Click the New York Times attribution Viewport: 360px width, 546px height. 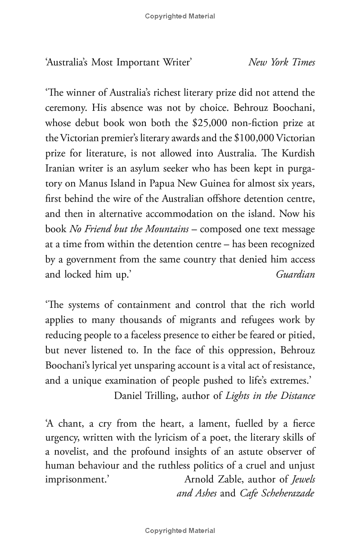pos(282,63)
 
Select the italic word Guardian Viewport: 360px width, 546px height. pos(295,274)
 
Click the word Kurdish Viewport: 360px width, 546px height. pos(297,153)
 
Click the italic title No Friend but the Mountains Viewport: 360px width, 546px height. pos(129,229)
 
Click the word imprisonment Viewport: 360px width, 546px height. pos(75,479)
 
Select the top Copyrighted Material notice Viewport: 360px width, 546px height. pos(180,16)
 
